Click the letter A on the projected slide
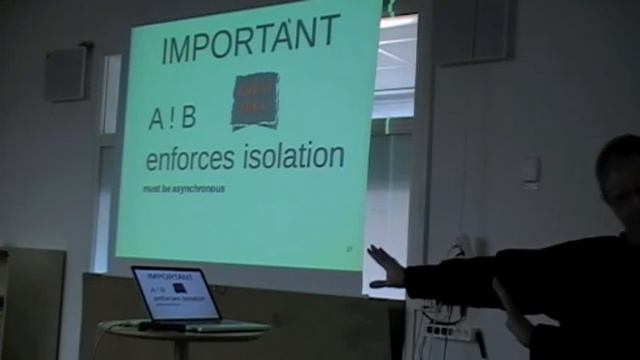point(157,119)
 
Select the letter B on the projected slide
point(188,118)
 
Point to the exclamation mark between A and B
point(173,118)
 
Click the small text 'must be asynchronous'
point(185,189)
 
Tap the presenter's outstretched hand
point(386,268)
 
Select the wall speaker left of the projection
point(66,74)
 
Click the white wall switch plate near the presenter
point(530,171)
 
